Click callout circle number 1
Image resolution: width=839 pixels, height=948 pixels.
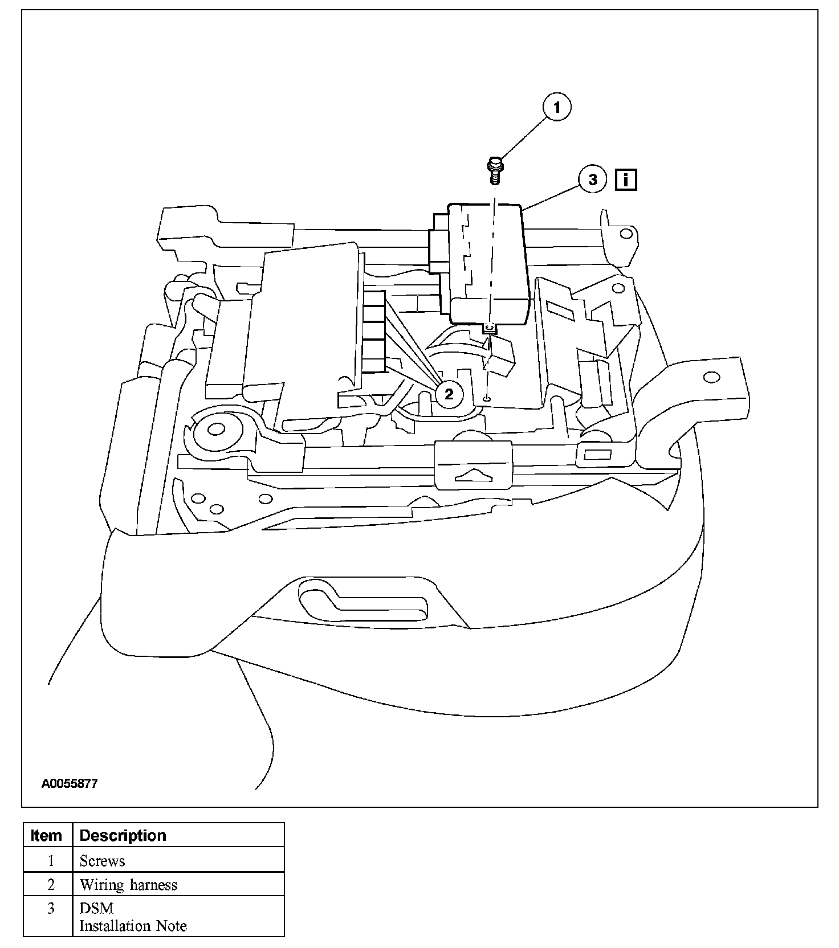point(557,107)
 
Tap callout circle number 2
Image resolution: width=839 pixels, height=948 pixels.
point(449,394)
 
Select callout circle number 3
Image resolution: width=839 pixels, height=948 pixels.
point(593,179)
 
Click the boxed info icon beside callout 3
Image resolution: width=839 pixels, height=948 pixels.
point(626,180)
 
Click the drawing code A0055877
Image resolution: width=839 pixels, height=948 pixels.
point(69,783)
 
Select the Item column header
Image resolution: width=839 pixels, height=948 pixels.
point(47,835)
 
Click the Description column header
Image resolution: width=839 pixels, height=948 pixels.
point(123,835)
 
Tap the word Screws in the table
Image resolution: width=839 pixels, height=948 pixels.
point(102,861)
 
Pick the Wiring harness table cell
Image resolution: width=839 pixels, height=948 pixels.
point(128,885)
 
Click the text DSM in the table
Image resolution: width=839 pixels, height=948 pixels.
point(96,908)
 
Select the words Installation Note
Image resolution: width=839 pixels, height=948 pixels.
point(133,926)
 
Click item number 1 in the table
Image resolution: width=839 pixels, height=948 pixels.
point(50,861)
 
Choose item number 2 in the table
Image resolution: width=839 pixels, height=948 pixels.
point(50,885)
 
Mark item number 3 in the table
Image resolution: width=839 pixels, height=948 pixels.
point(50,908)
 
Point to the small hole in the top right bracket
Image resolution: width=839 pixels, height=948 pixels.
point(626,233)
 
